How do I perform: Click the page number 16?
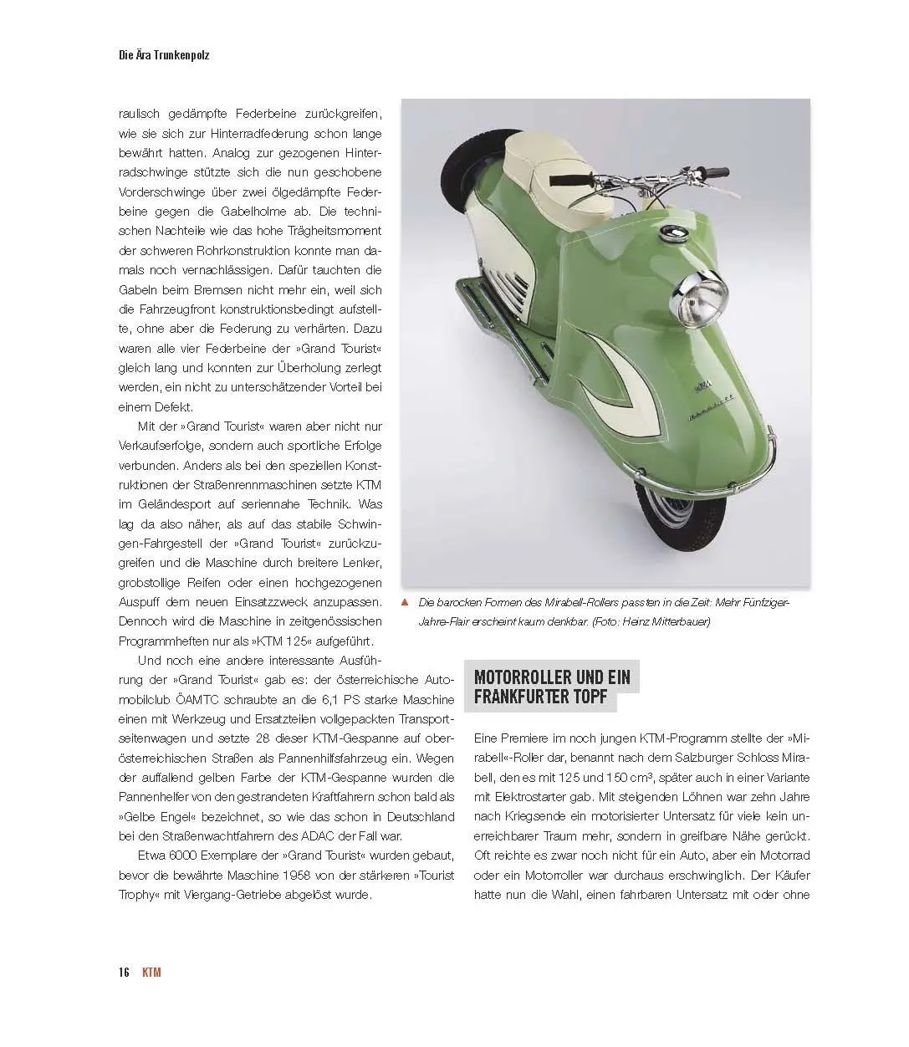click(x=123, y=972)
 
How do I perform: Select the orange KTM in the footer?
click(x=151, y=972)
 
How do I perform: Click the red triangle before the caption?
click(x=405, y=602)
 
